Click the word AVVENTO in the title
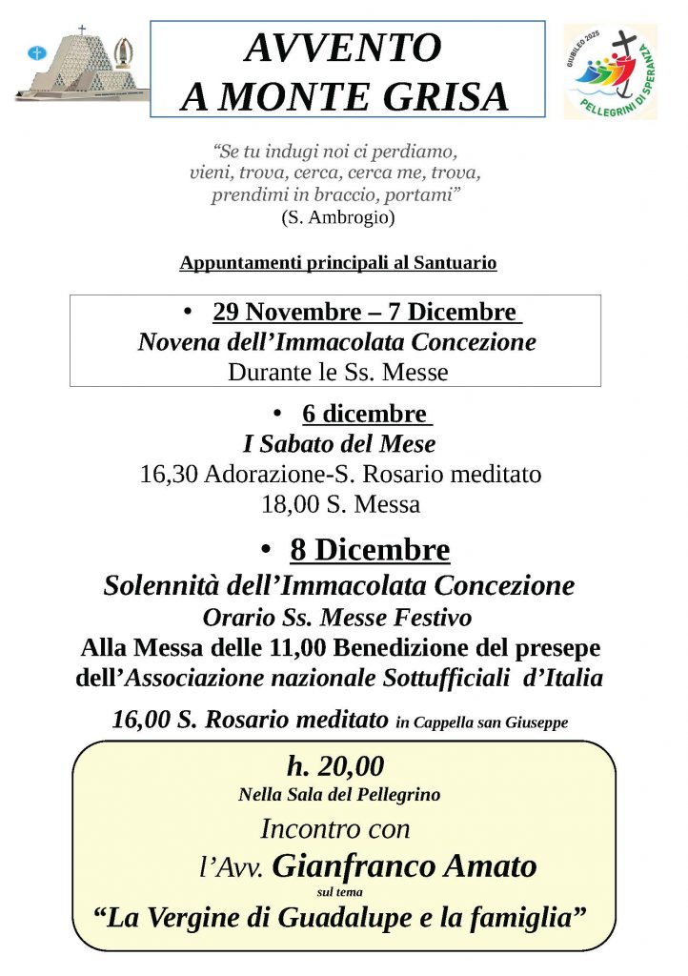pyautogui.click(x=343, y=47)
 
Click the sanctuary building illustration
pyautogui.click(x=82, y=64)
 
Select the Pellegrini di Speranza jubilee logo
pyautogui.click(x=612, y=71)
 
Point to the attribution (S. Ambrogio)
pyautogui.click(x=337, y=217)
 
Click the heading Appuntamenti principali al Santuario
pyautogui.click(x=337, y=263)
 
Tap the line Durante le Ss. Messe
pyautogui.click(x=337, y=372)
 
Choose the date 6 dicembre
pyautogui.click(x=366, y=414)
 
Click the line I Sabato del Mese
pyautogui.click(x=339, y=443)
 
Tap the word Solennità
pyautogui.click(x=159, y=584)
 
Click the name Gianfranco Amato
pyautogui.click(x=404, y=866)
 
